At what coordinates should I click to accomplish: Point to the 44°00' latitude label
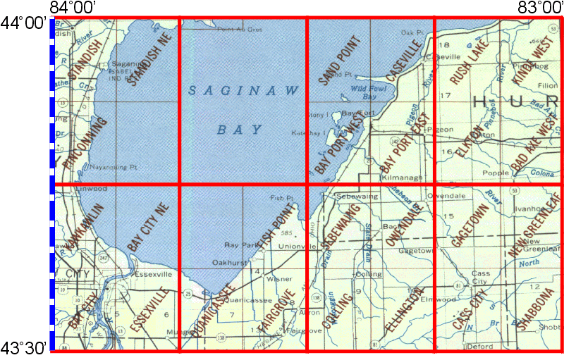[24, 22]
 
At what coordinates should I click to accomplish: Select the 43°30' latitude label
[24, 347]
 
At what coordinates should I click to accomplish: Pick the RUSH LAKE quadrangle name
[465, 63]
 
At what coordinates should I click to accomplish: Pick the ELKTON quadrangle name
[469, 144]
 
